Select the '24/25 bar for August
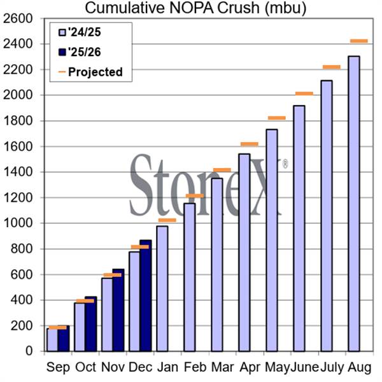coord(354,204)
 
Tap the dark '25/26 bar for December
coord(145,295)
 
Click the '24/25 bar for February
coord(189,277)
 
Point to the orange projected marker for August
coord(359,41)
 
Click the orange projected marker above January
coord(167,220)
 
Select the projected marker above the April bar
coord(249,144)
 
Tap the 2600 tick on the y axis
coord(20,18)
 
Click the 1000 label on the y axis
coord(20,223)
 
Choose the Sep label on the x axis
coord(58,367)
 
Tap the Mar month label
coord(221,367)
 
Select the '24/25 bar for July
coord(327,216)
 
